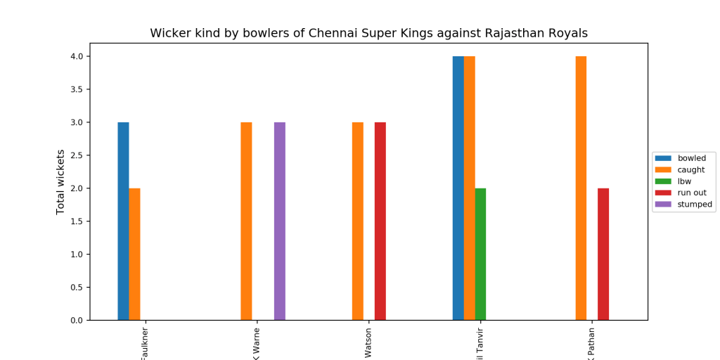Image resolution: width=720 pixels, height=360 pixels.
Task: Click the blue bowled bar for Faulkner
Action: tap(123, 221)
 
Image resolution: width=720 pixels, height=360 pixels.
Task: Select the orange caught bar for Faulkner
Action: tap(134, 254)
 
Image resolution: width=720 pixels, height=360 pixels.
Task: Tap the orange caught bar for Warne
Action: tap(246, 221)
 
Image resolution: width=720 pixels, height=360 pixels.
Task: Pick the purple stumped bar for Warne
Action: tap(280, 221)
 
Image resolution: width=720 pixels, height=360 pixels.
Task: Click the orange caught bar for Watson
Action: tap(358, 221)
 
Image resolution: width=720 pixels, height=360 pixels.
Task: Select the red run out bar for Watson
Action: tap(380, 221)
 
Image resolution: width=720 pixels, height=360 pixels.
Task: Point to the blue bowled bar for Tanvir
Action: tap(458, 188)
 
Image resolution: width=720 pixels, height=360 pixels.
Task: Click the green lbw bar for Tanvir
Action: tap(480, 254)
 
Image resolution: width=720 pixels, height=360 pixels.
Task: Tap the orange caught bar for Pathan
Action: tap(581, 188)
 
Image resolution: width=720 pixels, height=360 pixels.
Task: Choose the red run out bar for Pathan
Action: tap(603, 254)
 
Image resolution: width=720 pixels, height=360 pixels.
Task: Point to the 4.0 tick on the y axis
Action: tap(75, 56)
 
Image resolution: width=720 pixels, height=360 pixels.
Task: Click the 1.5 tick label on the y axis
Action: tap(75, 221)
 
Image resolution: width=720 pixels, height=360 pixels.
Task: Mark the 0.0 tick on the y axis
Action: tap(75, 321)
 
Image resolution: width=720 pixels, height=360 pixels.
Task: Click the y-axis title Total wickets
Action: tap(60, 181)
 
